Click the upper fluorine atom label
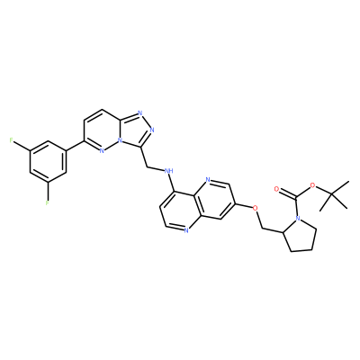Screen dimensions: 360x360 point(12,140)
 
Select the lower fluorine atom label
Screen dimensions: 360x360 point(48,203)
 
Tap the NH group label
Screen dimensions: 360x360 point(169,171)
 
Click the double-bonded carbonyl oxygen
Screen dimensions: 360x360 point(276,189)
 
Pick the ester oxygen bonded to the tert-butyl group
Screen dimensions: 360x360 point(313,185)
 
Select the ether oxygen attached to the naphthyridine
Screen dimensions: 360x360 point(256,208)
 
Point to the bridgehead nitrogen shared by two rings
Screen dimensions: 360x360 point(120,140)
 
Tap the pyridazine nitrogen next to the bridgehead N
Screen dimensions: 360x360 point(102,151)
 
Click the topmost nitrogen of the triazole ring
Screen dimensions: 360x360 point(140,113)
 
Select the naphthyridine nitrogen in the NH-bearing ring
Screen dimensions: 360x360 point(186,230)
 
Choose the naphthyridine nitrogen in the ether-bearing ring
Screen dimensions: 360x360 point(208,180)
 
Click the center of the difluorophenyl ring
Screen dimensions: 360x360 point(48,161)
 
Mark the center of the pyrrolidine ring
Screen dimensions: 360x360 point(301,235)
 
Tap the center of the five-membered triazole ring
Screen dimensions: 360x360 point(136,130)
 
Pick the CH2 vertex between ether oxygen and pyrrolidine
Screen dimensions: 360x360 point(263,229)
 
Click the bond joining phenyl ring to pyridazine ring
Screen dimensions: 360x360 point(75,146)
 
